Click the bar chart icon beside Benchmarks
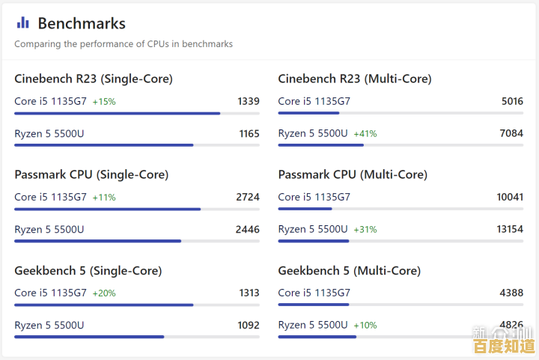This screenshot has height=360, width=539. coord(22,23)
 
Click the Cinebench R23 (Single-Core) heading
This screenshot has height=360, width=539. coord(94,79)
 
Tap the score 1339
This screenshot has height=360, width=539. coord(249,101)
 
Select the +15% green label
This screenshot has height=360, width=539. coord(104,101)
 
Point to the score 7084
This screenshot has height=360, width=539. coord(512,133)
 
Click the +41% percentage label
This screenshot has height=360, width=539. coord(365,133)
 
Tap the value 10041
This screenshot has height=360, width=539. coord(510,197)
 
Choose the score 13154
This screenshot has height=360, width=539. coord(510,229)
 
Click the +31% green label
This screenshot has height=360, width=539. coord(365,229)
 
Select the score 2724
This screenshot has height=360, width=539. coord(248,197)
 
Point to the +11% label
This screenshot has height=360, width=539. coord(104,197)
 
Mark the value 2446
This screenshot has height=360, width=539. coord(248,229)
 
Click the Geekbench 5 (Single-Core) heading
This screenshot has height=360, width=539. coord(88,270)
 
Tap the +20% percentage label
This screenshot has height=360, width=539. coord(104,293)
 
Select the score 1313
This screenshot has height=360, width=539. coord(249,293)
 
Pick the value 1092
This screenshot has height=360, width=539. coord(249,325)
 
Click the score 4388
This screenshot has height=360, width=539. coord(512,293)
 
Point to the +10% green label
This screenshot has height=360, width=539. coord(365,325)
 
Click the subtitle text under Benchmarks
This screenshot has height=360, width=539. coord(124,44)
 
